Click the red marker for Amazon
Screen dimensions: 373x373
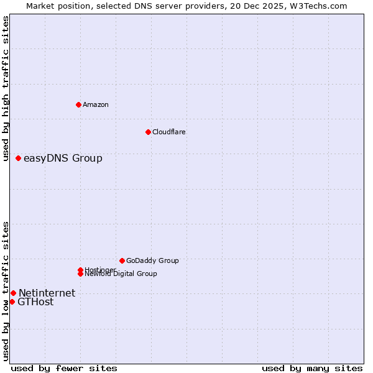78,104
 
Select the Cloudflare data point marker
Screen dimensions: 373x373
148,132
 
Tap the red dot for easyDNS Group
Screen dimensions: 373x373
19,159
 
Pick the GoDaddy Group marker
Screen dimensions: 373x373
122,260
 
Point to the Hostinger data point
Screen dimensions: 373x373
80,270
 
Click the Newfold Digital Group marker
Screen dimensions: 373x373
80,274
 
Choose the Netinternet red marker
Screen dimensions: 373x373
13,293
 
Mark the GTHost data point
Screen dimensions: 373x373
12,302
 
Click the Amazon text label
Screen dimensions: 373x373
96,104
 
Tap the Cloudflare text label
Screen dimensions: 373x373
169,132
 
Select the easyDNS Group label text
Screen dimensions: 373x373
63,159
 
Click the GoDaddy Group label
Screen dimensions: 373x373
152,260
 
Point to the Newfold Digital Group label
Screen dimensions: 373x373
121,274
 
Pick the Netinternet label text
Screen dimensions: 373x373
47,293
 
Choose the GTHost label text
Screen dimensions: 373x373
35,302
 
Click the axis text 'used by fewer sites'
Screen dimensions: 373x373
64,368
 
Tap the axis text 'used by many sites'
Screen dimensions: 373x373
312,368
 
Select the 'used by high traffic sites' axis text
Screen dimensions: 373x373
6,89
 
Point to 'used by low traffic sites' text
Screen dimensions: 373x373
6,290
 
